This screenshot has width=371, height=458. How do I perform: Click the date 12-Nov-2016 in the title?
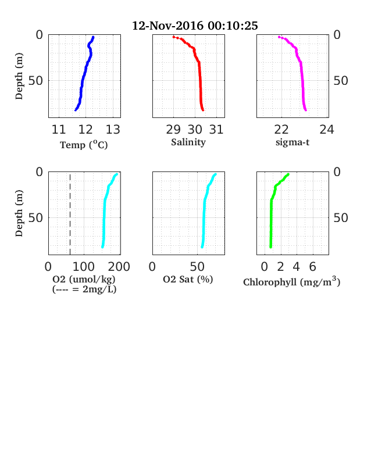(168, 26)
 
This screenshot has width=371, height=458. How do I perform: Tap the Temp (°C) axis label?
(84, 145)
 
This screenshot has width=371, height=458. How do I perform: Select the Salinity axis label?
(188, 142)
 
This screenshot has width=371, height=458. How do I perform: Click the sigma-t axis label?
(292, 142)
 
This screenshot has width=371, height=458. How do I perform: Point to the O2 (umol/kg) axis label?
(84, 279)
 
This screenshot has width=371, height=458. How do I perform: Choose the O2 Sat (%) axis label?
(188, 279)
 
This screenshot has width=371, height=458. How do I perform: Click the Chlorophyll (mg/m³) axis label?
(291, 281)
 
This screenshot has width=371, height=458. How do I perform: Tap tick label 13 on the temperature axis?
(113, 130)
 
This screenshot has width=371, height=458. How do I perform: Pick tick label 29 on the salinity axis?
(173, 130)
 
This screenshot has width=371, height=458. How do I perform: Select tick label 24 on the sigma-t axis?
(327, 130)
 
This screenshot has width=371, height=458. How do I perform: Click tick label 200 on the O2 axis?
(119, 267)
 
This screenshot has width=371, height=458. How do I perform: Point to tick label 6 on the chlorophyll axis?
(313, 267)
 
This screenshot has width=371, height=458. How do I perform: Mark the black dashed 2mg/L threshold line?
(70, 213)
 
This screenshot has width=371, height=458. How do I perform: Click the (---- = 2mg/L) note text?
(84, 289)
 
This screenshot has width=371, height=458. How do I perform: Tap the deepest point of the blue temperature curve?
(76, 110)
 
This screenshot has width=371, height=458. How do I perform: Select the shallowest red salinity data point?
(173, 37)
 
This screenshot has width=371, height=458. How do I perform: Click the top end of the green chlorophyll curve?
(288, 174)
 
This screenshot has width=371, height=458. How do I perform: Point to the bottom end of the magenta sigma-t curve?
(305, 110)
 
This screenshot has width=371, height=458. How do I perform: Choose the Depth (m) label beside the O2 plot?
(19, 213)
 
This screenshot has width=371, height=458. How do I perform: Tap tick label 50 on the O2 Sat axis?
(197, 267)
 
